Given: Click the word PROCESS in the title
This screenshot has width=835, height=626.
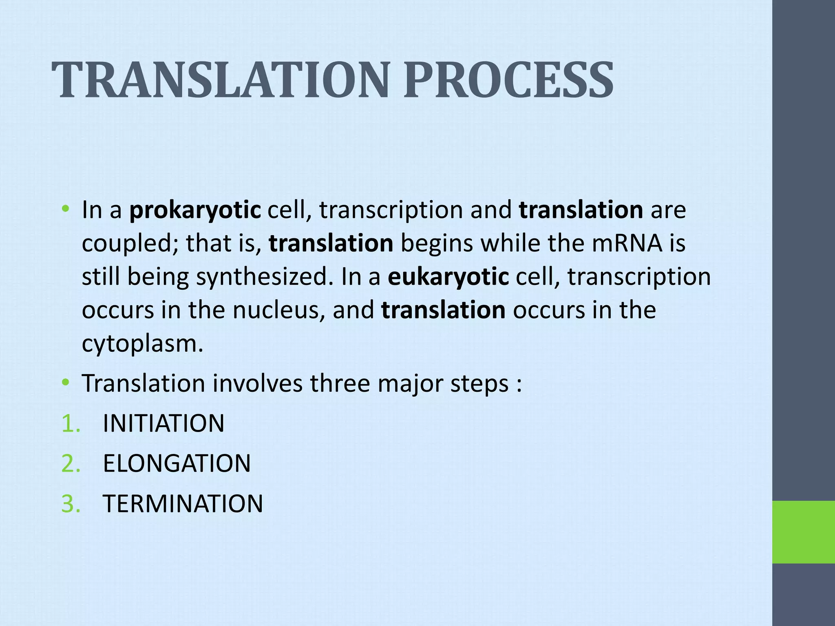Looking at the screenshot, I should (508, 80).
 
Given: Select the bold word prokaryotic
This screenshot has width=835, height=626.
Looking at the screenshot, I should (195, 211).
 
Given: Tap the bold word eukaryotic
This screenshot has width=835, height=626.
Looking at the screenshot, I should (448, 277).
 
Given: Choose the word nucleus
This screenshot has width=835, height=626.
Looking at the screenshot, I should (279, 310).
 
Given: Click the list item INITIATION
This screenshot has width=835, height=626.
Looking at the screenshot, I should (163, 423).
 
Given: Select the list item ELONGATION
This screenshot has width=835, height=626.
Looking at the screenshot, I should (177, 463).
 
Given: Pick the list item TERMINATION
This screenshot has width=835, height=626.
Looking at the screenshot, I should (183, 504).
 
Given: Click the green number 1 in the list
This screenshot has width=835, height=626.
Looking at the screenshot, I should (70, 423).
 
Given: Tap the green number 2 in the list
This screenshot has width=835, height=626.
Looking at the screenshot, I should (70, 463).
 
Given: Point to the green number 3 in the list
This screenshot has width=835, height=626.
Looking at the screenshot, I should (70, 504).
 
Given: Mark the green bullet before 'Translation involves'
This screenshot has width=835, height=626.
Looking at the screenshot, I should (65, 383).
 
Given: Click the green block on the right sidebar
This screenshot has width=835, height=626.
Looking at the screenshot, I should (803, 532).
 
